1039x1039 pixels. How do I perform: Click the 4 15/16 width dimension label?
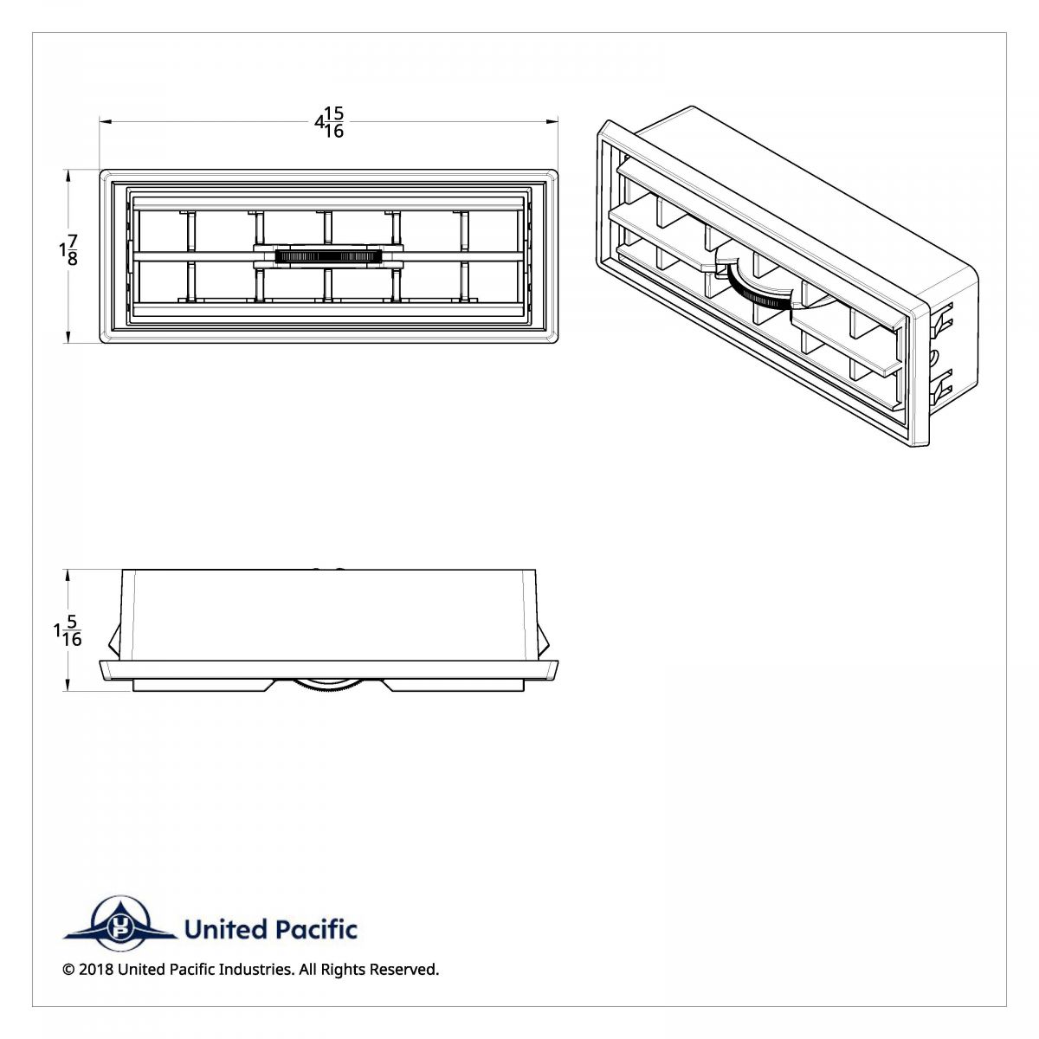[329, 122]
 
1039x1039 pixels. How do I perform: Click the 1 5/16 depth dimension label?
[67, 630]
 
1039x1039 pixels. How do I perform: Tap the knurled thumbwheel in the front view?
[328, 256]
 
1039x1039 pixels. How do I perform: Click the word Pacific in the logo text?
[315, 930]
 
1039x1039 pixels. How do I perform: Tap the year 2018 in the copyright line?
[95, 970]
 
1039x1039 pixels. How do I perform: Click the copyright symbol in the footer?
[68, 970]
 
